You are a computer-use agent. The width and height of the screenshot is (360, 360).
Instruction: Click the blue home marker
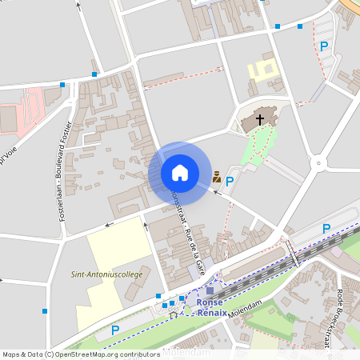(179, 172)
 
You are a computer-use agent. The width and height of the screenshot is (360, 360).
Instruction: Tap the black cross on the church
(259, 120)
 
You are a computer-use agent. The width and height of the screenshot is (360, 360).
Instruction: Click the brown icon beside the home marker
(216, 176)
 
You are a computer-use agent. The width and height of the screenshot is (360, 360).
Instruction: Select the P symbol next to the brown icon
(230, 182)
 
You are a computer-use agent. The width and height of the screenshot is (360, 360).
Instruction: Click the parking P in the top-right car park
(324, 46)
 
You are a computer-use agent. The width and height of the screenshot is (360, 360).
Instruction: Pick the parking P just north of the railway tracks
(326, 230)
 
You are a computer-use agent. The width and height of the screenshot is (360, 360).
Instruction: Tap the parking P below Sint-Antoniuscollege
(115, 330)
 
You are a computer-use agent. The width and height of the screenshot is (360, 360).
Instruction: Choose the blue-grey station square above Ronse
(210, 290)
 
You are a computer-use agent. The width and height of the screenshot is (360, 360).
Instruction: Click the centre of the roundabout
(319, 163)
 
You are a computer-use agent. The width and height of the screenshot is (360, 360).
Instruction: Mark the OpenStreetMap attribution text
(81, 354)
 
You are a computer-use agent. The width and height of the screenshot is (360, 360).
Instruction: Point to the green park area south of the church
(261, 147)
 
